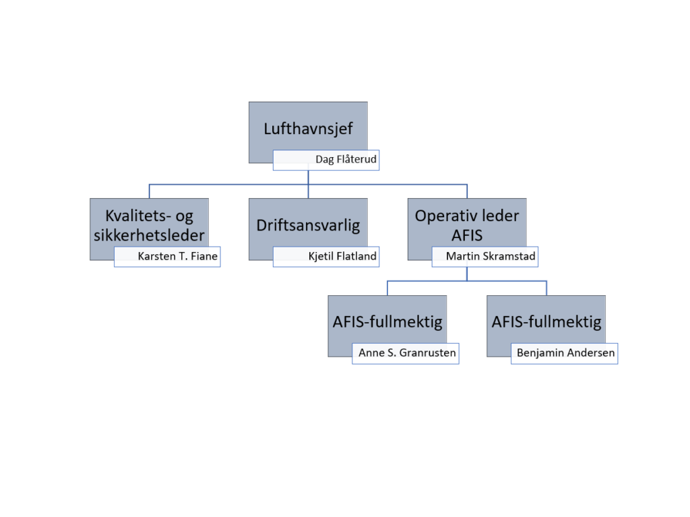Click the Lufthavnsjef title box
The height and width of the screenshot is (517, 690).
coord(308,129)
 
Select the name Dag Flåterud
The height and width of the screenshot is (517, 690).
coord(346,160)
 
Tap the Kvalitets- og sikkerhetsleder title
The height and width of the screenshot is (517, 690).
coord(149,225)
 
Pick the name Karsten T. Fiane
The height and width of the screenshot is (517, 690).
coord(177,257)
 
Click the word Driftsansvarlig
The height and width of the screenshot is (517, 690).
coord(308,225)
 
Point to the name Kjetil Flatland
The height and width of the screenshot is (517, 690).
coord(342,257)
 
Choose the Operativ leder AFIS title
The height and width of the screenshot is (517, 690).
coord(467,225)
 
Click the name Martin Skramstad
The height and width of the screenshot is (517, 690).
coord(491,257)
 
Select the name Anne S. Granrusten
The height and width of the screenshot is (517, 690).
coord(407,353)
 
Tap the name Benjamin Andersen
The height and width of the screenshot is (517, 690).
coord(565,353)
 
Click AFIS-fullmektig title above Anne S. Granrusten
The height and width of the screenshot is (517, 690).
coord(387,322)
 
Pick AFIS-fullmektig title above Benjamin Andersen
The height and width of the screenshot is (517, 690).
coord(546,322)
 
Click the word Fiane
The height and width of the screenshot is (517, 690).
coord(204,257)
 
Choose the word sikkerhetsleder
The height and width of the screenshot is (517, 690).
coord(149,235)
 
